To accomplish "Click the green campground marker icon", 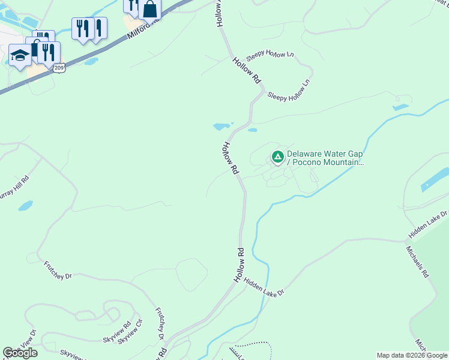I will tap(277, 157).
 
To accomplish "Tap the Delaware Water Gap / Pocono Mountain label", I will tap(325, 158).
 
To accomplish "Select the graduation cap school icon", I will tap(20, 56).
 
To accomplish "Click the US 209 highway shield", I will tap(59, 68).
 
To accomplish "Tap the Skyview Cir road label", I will tap(130, 332).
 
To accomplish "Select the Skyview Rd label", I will tap(117, 334).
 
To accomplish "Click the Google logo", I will tap(20, 353).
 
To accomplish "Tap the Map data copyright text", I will tap(412, 356).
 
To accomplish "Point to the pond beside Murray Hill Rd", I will tap(25, 206).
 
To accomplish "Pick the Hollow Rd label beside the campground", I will tap(231, 158).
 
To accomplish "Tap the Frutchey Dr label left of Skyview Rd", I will tap(58, 270).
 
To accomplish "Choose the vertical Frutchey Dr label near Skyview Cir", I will tap(160, 324).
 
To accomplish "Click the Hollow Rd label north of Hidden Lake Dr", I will tap(240, 265).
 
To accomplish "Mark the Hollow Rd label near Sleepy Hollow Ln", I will tap(247, 70).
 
